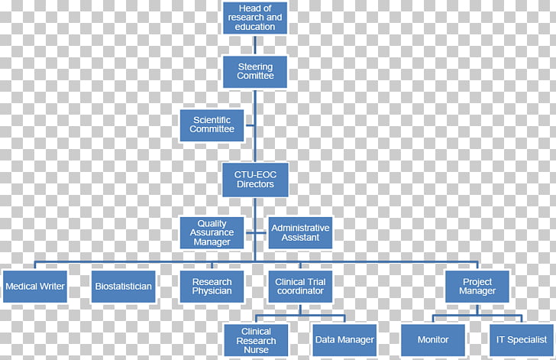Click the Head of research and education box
point(255,18)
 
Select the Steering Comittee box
point(255,72)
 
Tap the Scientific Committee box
point(212,125)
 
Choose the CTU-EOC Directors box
point(255,180)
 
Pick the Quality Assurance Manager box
point(212,233)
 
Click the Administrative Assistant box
point(300,233)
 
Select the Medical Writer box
point(35,287)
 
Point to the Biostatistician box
point(124,287)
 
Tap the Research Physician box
point(212,287)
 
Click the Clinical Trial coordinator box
point(300,287)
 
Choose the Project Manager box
point(477,287)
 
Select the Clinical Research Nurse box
point(256,340)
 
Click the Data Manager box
point(344,340)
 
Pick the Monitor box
point(433,340)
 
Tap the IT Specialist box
point(522,340)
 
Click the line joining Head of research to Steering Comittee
point(255,45)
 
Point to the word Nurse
point(256,350)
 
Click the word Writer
point(52,286)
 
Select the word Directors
point(255,184)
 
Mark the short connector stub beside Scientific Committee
point(250,125)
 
